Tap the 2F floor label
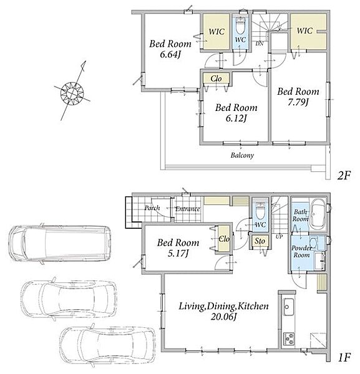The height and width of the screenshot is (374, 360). point(344,176)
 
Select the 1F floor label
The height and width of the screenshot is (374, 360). point(344,358)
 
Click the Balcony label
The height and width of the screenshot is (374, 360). point(242,155)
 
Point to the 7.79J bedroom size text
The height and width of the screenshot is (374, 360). point(298,102)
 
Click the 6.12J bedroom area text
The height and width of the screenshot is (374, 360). point(236,118)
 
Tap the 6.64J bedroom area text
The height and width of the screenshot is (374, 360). point(170,55)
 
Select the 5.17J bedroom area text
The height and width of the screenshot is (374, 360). point(178,254)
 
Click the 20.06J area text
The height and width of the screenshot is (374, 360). point(224,317)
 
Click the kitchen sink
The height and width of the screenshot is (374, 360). point(289,307)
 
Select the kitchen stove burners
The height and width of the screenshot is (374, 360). point(289,338)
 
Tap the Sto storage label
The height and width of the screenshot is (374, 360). point(260,241)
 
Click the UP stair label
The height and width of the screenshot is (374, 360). point(279,237)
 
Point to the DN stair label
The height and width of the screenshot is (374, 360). point(260,44)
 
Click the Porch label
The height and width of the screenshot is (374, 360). point(152,208)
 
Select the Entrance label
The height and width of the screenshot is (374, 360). point(188,209)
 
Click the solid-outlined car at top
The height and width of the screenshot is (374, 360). point(60,244)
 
